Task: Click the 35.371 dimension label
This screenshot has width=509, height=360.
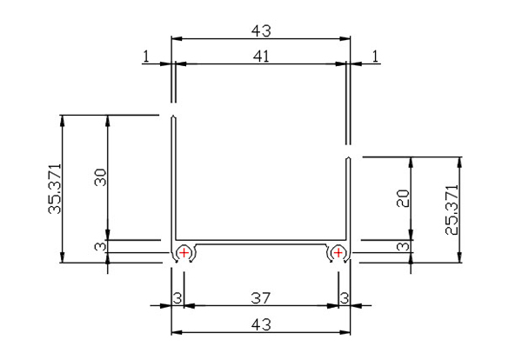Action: click(x=55, y=189)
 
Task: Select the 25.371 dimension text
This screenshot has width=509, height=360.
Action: click(x=452, y=210)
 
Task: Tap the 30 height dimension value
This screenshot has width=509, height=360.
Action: click(x=100, y=177)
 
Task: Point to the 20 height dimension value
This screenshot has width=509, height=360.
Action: click(x=404, y=198)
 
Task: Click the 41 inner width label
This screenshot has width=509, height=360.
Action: click(x=261, y=57)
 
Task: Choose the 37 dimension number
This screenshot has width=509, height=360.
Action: click(x=261, y=298)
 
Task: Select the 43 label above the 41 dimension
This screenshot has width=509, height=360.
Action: click(x=261, y=31)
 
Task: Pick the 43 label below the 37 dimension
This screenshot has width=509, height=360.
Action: click(x=261, y=324)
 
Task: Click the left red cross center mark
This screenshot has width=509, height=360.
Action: click(x=184, y=252)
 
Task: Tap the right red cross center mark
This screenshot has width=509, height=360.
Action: click(x=338, y=252)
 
